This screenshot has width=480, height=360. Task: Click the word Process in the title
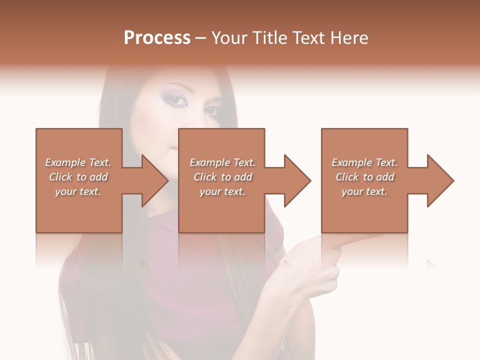pos(157,37)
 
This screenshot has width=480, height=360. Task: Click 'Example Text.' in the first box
pos(78,162)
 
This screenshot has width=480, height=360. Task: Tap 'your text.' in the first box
pos(78,191)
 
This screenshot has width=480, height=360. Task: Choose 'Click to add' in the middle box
pos(222,176)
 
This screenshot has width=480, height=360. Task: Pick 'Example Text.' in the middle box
pos(222,162)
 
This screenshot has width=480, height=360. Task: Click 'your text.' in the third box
pos(364,191)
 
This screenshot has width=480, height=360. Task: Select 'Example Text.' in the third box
pos(364,162)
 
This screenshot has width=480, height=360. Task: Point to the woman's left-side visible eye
pos(176,100)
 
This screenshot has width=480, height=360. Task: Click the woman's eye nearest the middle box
pos(211,110)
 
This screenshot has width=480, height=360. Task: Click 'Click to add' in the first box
pos(78,176)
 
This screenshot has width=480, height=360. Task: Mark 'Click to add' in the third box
pos(364,176)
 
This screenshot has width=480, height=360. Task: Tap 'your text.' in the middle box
pos(222,191)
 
